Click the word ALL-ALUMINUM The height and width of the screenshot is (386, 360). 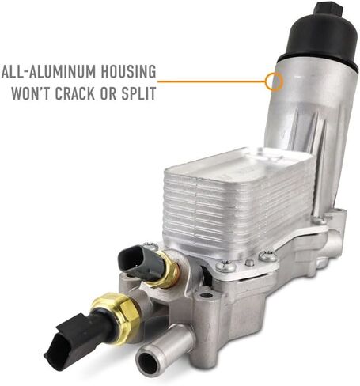tap(48, 71)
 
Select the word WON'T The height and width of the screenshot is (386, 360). tap(31, 93)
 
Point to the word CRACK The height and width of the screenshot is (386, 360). tap(74, 93)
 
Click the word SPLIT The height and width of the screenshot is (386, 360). tap(138, 93)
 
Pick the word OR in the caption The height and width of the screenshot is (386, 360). tap(108, 93)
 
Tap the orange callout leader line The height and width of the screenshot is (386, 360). tap(211, 81)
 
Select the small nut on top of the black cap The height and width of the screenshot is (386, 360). tap(328, 10)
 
